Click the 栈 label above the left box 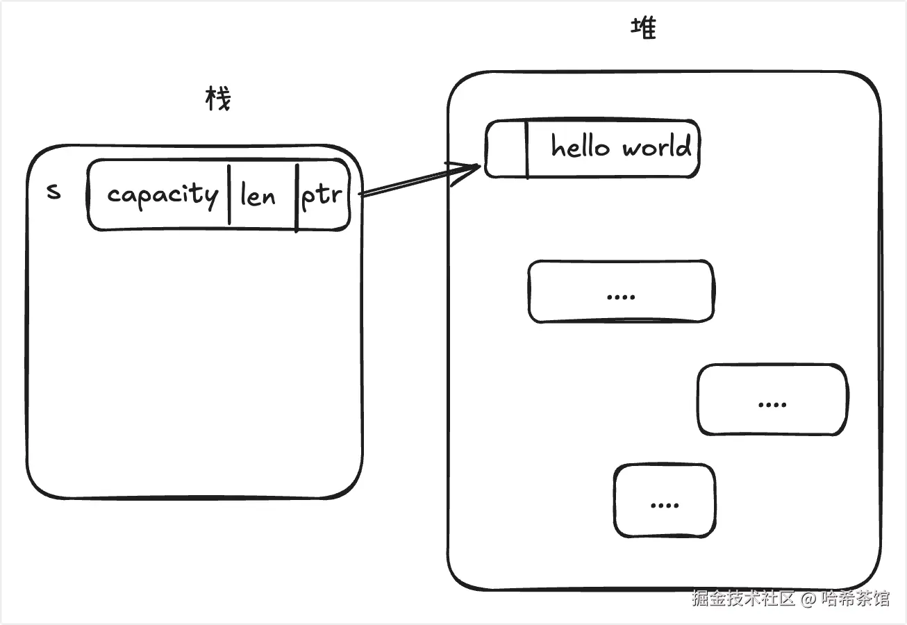pyautogui.click(x=218, y=99)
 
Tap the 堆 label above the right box pyautogui.click(x=643, y=28)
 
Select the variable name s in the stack pyautogui.click(x=53, y=191)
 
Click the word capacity pyautogui.click(x=163, y=195)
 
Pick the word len pyautogui.click(x=258, y=197)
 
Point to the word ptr pyautogui.click(x=322, y=196)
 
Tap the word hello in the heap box pyautogui.click(x=581, y=147)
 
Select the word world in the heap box pyautogui.click(x=656, y=147)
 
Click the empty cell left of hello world pyautogui.click(x=506, y=149)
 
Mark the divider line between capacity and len pyautogui.click(x=229, y=194)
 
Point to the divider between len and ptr pyautogui.click(x=297, y=197)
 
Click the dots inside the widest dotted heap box pyautogui.click(x=621, y=296)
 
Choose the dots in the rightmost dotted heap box pyautogui.click(x=772, y=403)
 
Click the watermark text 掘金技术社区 pyautogui.click(x=742, y=599)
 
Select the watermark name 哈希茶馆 pyautogui.click(x=855, y=599)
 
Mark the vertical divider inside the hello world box pyautogui.click(x=527, y=149)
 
